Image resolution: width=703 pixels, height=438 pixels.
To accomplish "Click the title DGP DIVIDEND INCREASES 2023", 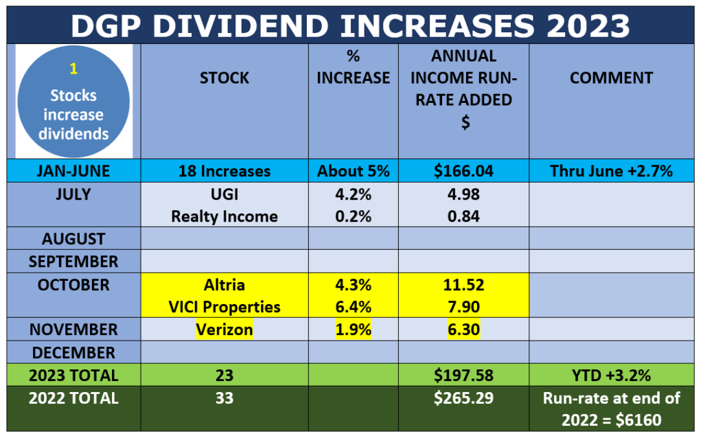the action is (350, 25).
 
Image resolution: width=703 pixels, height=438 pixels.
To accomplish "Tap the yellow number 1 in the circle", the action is (73, 69).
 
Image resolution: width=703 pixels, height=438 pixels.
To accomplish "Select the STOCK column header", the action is (224, 78).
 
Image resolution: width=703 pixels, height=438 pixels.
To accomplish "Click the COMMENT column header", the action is (611, 78).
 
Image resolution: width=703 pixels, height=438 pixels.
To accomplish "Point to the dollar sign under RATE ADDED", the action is (465, 122).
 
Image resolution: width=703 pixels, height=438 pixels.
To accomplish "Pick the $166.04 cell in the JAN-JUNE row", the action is (463, 171).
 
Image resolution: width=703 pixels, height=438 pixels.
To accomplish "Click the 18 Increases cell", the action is (224, 171).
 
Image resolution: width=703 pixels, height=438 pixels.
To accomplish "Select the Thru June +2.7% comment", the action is (611, 171).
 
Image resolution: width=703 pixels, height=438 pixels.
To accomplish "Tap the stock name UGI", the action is (224, 194).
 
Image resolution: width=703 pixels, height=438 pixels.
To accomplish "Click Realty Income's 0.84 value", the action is (463, 216).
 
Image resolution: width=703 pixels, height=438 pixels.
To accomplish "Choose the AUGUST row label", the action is (73, 239).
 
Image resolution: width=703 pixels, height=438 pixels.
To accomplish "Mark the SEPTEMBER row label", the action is (73, 262).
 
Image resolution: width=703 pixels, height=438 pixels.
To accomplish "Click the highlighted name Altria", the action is (224, 285).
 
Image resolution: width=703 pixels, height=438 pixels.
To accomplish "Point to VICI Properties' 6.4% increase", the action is (354, 307).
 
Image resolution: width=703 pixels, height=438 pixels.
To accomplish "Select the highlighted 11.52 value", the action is (463, 285).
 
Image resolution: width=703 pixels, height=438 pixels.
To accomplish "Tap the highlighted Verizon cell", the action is (224, 330).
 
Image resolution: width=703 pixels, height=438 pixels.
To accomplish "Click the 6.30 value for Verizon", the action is (463, 330).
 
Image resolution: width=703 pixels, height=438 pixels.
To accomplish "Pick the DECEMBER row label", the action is (73, 353).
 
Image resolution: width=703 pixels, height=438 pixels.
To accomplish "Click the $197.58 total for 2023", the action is (463, 376).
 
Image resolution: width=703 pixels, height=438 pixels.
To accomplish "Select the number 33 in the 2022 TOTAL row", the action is (224, 398).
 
